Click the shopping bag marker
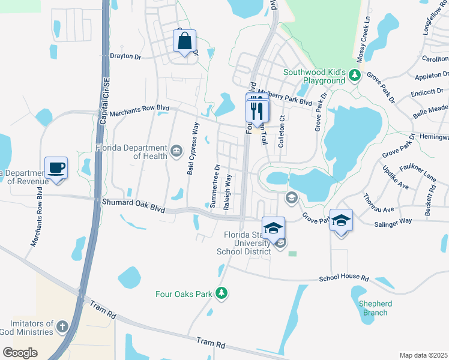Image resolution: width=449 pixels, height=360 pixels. click(185, 42)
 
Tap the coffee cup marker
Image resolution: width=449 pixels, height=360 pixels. click(56, 168)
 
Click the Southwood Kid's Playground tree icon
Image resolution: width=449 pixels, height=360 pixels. click(355, 75)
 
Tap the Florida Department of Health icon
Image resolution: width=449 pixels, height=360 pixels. click(176, 150)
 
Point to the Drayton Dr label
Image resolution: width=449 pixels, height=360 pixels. click(125, 56)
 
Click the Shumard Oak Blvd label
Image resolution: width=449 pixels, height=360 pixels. click(133, 203)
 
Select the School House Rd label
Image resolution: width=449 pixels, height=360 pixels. click(343, 278)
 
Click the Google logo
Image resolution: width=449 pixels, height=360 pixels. click(20, 352)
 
